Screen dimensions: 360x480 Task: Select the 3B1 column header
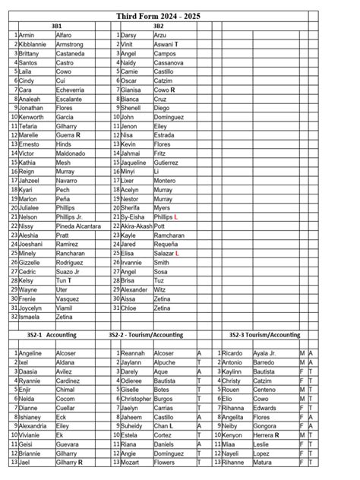tap(56, 26)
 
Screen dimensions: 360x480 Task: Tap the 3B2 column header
tap(158, 26)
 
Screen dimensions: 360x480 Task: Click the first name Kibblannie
tap(33, 44)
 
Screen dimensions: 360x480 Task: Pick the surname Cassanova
tap(169, 62)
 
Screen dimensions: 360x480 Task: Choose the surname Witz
tap(159, 289)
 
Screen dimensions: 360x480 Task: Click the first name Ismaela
tap(30, 317)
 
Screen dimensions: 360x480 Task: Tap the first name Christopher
tap(136, 398)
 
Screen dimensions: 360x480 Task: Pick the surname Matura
tap(263, 462)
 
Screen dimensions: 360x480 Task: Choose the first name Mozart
tap(130, 462)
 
